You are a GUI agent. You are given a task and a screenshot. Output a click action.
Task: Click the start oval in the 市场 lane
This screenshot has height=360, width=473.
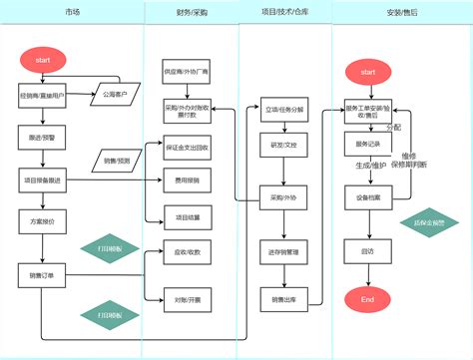coord(43,61)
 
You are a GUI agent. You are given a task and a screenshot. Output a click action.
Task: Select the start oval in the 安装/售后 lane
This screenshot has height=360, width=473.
coord(366,73)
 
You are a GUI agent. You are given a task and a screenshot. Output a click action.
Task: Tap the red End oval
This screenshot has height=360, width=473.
coord(366,299)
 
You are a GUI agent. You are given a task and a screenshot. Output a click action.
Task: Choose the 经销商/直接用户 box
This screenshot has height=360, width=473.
coord(43,97)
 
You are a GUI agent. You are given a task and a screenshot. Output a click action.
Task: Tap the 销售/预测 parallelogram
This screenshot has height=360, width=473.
coord(123,161)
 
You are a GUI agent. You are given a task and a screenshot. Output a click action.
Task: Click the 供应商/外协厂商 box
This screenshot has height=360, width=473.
coord(187,72)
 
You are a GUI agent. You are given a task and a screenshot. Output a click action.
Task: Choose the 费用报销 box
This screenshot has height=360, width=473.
coord(187,180)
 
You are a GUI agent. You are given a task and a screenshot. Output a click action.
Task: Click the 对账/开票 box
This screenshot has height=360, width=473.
coord(187,297)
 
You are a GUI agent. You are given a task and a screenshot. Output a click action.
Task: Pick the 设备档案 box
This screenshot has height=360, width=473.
coord(366,197)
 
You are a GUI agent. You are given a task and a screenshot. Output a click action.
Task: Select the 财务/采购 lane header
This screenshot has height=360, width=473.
coord(192,13)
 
